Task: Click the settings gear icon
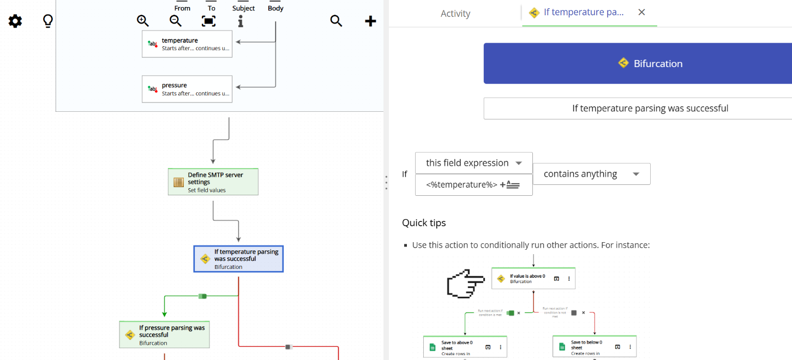tap(15, 21)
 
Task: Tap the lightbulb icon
tap(48, 21)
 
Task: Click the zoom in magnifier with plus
tap(143, 21)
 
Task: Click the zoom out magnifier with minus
tap(176, 21)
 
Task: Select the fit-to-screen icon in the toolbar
tap(208, 21)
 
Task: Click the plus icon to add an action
tap(370, 21)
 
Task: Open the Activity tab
tap(455, 14)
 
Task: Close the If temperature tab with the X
tap(641, 12)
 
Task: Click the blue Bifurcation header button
tap(637, 63)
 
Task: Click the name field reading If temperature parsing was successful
tap(637, 108)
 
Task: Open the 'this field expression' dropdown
tap(473, 163)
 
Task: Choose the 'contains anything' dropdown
tap(591, 174)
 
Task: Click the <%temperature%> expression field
tap(461, 185)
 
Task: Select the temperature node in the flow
tap(187, 44)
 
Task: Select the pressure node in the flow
tap(187, 89)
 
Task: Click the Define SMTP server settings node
tap(213, 182)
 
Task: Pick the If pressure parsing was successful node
tap(164, 334)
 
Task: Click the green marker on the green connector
tap(202, 296)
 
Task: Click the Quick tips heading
tap(424, 223)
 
